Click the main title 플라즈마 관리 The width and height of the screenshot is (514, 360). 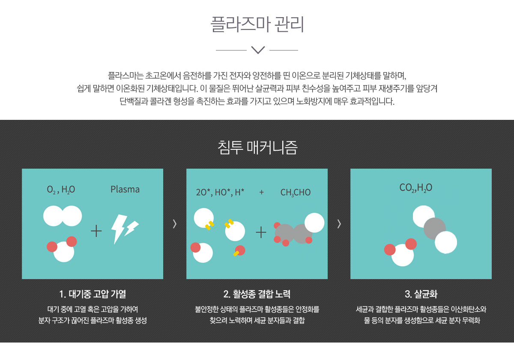pos(257,24)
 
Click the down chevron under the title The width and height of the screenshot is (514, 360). pos(257,50)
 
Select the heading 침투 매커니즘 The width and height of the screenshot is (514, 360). pos(257,147)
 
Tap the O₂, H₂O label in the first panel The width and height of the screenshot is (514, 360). pos(61,190)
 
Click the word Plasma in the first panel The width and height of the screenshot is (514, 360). pos(125,189)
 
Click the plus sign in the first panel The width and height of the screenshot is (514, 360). pos(96,231)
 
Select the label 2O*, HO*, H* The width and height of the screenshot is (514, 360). pos(220,192)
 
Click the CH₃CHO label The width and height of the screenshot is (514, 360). pos(295,193)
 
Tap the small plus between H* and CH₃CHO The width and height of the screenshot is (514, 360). pos(261,192)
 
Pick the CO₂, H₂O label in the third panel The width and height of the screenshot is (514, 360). pos(415,187)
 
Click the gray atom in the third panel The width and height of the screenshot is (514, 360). pos(434,229)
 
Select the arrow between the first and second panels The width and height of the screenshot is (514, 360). pos(174,223)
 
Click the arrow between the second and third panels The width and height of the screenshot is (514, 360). pos(339,223)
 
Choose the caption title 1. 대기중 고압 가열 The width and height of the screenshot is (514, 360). pos(92,294)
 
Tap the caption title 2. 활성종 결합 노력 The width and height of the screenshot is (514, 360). pos(257,294)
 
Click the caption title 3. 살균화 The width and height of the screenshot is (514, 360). pos(421,294)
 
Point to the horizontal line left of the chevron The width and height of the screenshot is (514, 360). pos(231,50)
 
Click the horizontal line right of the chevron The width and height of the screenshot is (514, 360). pos(284,50)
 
